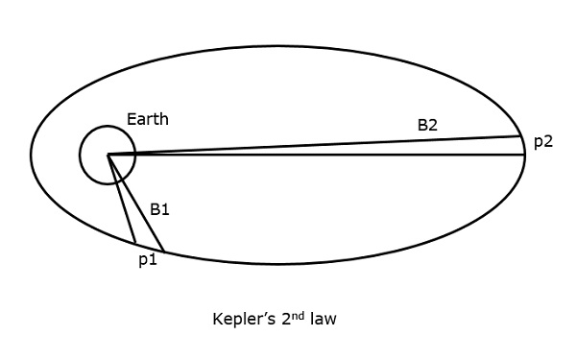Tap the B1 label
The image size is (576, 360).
point(160,207)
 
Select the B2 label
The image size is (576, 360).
point(428,125)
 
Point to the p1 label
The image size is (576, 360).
point(145,259)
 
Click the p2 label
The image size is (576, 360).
point(543,141)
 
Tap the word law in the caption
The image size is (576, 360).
point(323,319)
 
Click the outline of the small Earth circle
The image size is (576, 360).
point(81,154)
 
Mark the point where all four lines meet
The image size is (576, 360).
point(108,154)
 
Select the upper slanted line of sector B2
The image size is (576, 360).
point(317,144)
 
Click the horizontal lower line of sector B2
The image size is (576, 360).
point(317,154)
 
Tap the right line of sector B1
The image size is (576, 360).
point(136,204)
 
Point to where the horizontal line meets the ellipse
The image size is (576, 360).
point(525,154)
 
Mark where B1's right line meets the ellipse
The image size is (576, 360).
point(165,252)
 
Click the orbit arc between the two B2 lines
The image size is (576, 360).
point(524,145)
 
